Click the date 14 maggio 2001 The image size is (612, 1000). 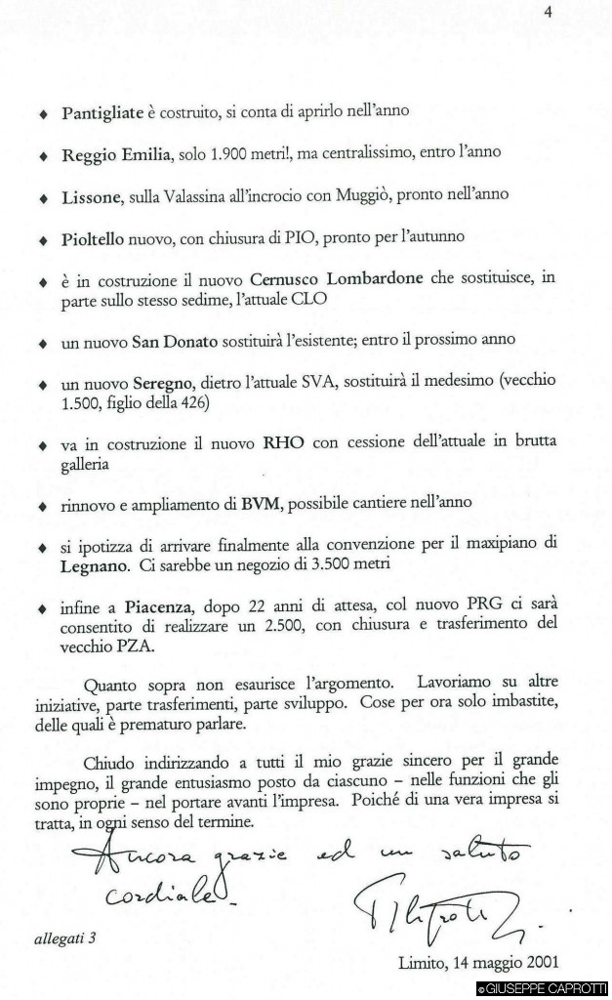tap(478, 960)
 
